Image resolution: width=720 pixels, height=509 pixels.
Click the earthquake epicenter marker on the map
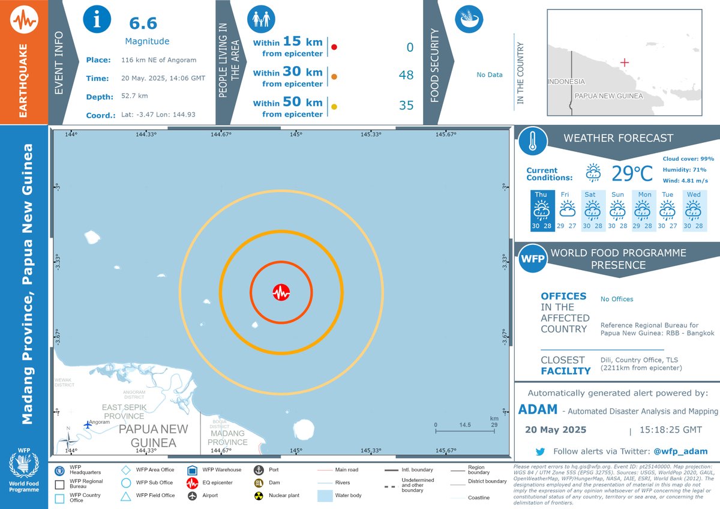[x=281, y=292]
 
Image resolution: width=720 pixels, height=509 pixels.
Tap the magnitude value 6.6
[x=143, y=23]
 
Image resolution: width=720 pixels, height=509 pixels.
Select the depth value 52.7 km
[x=134, y=96]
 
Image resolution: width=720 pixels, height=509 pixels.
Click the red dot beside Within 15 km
[x=334, y=47]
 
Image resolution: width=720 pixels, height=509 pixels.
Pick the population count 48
[x=406, y=75]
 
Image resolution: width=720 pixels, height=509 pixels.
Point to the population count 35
[x=406, y=106]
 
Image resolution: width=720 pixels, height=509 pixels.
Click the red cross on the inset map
[x=625, y=62]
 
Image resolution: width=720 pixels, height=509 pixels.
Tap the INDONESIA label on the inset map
[x=566, y=82]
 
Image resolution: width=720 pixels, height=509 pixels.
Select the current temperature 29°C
[x=631, y=173]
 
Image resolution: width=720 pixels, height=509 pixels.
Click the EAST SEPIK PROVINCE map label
[x=124, y=411]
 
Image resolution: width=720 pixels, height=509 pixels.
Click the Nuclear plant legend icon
[x=259, y=496]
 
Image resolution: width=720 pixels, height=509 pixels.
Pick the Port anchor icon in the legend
[x=259, y=470]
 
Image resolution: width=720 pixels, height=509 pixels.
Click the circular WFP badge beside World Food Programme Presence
[x=531, y=259]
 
